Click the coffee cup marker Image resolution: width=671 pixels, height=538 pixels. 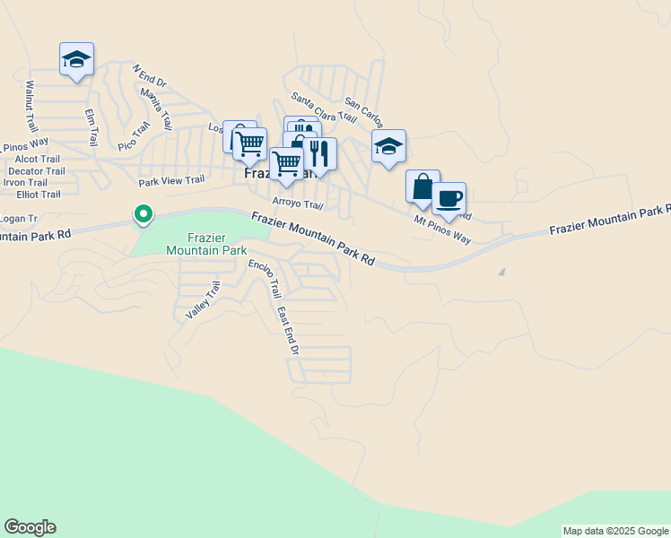click(x=449, y=198)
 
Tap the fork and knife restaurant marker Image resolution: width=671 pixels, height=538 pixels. click(x=319, y=153)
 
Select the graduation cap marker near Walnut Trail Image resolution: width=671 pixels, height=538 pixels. click(x=76, y=59)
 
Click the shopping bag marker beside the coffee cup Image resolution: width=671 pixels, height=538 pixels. click(x=423, y=187)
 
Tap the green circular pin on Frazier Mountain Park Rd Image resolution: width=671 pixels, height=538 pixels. click(x=142, y=214)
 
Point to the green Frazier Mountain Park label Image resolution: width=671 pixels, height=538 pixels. click(x=205, y=244)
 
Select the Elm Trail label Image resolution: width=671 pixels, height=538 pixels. click(x=91, y=127)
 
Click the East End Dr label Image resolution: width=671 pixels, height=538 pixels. click(x=286, y=330)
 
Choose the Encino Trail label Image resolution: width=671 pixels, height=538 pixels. click(x=266, y=278)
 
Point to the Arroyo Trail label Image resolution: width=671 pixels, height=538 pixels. click(x=297, y=204)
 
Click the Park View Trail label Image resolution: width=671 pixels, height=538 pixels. click(x=171, y=180)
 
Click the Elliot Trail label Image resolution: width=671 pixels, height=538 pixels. click(x=31, y=194)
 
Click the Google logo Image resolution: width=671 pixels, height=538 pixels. click(x=30, y=527)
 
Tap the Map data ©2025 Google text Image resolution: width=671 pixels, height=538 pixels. click(x=614, y=531)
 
